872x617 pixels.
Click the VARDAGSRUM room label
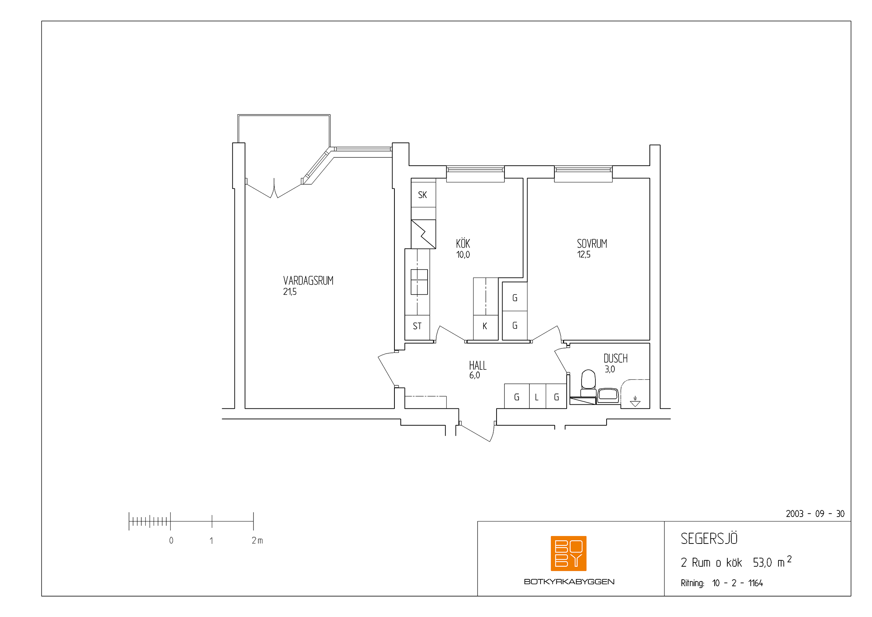(308, 281)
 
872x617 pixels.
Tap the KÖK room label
(463, 243)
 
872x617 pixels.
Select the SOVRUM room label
(592, 244)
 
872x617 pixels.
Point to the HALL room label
(478, 366)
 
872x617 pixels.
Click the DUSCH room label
(615, 358)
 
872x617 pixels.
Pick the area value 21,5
(289, 292)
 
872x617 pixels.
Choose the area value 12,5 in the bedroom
(584, 254)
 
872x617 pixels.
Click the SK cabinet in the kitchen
(424, 194)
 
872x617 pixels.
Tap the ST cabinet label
(417, 326)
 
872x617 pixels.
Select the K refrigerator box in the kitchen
(485, 328)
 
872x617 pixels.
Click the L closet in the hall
(538, 396)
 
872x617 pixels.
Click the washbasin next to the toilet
(608, 395)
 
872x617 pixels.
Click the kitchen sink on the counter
(419, 282)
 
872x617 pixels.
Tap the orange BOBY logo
(569, 553)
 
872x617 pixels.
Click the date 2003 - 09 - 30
(815, 514)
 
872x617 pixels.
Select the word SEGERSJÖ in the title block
(709, 538)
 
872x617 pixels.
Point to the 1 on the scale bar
(211, 541)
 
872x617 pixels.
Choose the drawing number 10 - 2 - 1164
(737, 583)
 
